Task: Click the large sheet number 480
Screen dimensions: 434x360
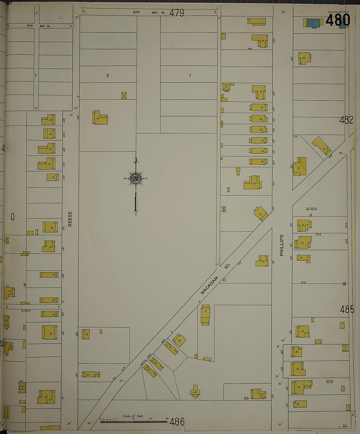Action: (x=338, y=20)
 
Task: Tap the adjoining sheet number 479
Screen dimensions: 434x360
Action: (x=177, y=13)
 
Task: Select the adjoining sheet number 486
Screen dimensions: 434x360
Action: (x=177, y=422)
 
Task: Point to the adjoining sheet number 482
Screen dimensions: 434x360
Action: (x=346, y=120)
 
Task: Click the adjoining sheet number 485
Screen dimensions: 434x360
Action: (x=347, y=309)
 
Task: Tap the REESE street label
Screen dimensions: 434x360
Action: (x=70, y=219)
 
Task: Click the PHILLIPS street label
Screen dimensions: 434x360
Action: (x=282, y=245)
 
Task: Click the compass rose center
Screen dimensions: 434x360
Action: (x=135, y=179)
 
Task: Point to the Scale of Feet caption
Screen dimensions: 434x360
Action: (x=133, y=416)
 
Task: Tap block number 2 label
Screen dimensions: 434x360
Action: (x=107, y=76)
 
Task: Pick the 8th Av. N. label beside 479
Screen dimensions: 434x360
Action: (x=150, y=13)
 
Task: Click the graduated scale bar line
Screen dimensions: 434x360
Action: (x=134, y=421)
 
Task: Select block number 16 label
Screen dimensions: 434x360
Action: (x=344, y=284)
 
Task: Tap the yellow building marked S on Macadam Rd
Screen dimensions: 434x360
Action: (x=205, y=314)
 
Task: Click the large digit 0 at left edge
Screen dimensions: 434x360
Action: (x=12, y=217)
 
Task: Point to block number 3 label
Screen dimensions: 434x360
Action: (x=25, y=285)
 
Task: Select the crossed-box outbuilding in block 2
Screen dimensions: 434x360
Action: (x=124, y=96)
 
